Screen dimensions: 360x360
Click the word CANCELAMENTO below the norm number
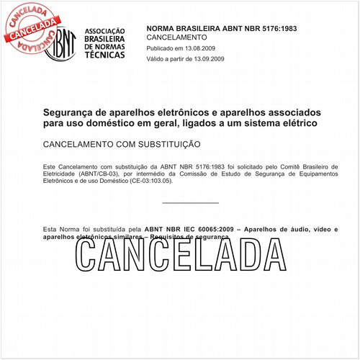point(176,36)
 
